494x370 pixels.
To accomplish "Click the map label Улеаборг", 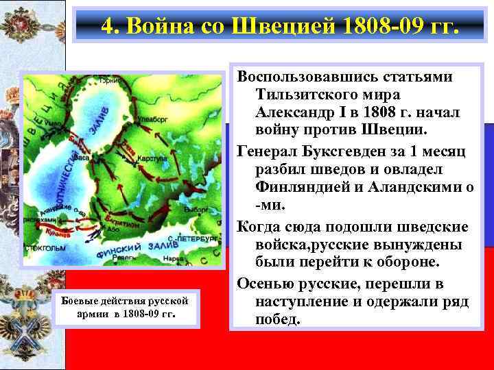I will [x=152, y=117].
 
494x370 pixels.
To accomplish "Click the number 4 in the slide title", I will [x=107, y=27].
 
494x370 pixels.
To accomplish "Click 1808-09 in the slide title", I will [x=372, y=27].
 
